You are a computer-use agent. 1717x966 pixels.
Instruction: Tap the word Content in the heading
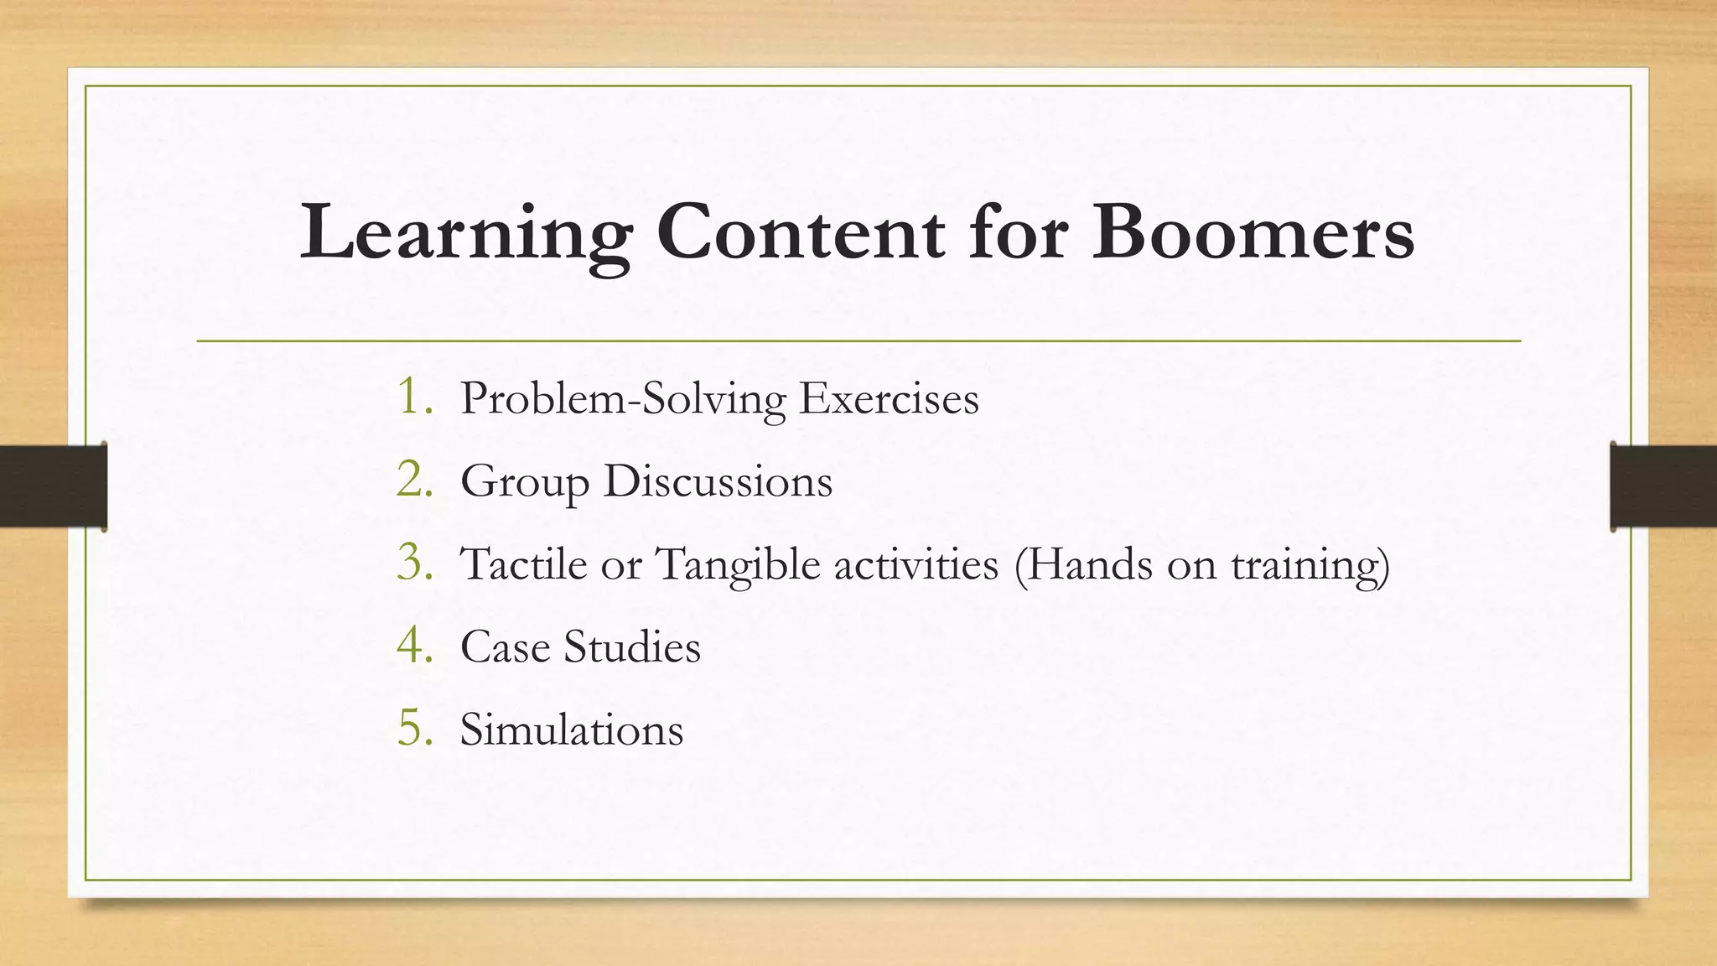click(x=800, y=231)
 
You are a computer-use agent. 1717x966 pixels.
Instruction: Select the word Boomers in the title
click(x=1253, y=231)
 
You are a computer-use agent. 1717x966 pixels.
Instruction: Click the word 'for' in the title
click(x=1018, y=231)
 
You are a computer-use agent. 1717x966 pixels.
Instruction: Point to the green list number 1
click(x=414, y=397)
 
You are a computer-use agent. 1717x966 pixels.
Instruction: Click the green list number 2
click(x=414, y=480)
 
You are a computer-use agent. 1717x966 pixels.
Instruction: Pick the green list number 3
click(x=414, y=563)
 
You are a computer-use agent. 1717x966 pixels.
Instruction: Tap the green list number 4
click(x=414, y=646)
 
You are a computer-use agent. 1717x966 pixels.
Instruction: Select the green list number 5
click(x=414, y=729)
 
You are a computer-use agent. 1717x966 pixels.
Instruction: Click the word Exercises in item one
click(x=888, y=398)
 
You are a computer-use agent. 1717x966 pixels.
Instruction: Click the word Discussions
click(x=718, y=481)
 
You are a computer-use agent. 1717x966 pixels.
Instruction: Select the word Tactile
click(x=523, y=563)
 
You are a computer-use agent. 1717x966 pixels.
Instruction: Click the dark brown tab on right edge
click(x=1663, y=486)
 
